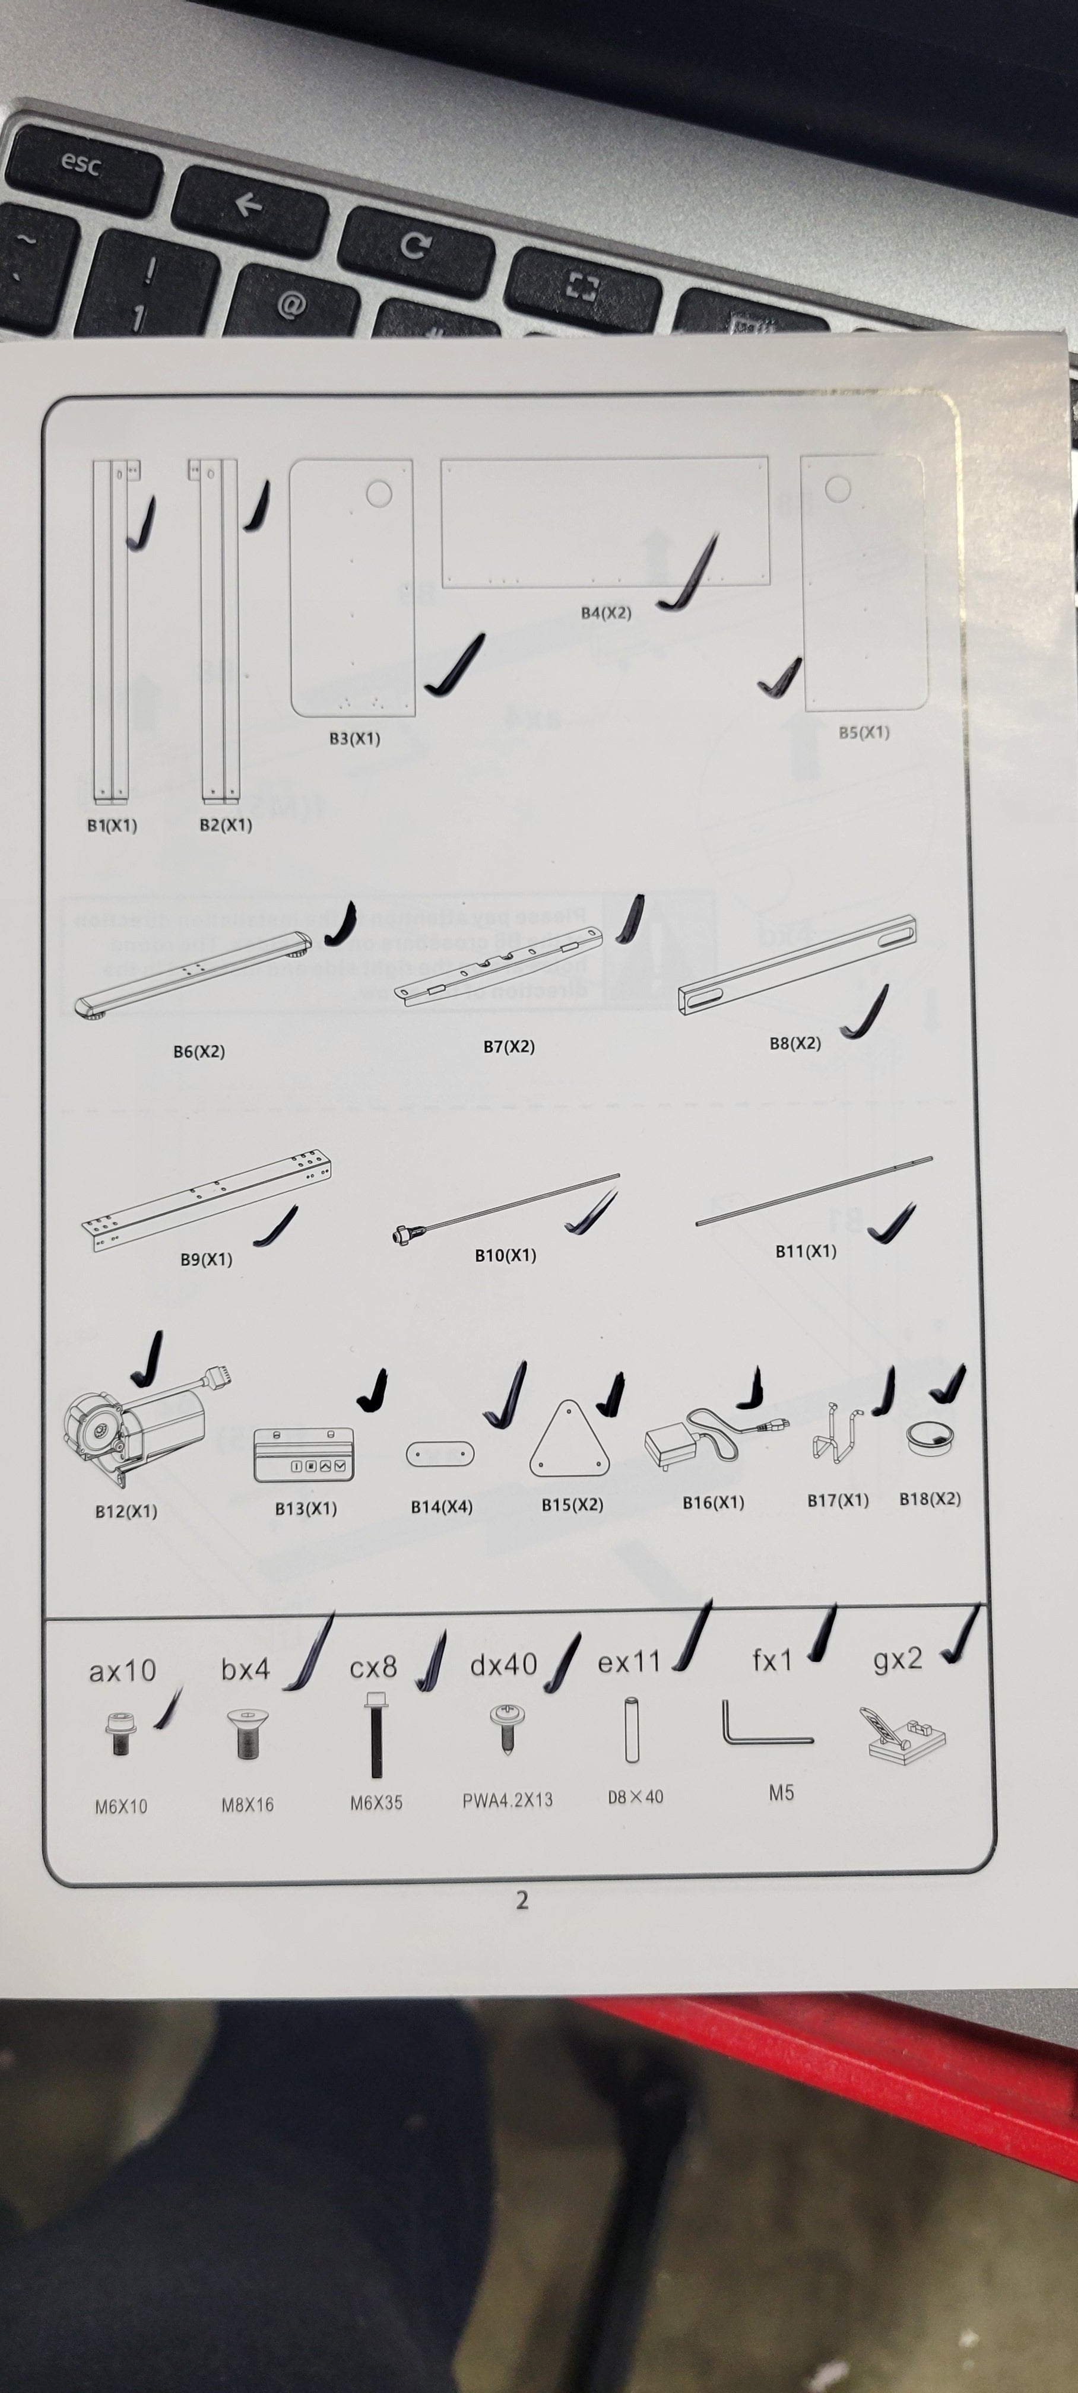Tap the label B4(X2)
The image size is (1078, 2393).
point(606,613)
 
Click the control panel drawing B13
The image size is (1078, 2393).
point(303,1455)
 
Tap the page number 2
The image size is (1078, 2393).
point(521,1900)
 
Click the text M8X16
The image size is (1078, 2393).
point(247,1805)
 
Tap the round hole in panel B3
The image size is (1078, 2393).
point(378,493)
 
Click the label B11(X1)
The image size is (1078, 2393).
point(806,1251)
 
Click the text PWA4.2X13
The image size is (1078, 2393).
point(508,1800)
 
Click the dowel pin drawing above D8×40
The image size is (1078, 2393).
point(632,1729)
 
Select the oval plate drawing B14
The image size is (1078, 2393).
point(439,1454)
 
